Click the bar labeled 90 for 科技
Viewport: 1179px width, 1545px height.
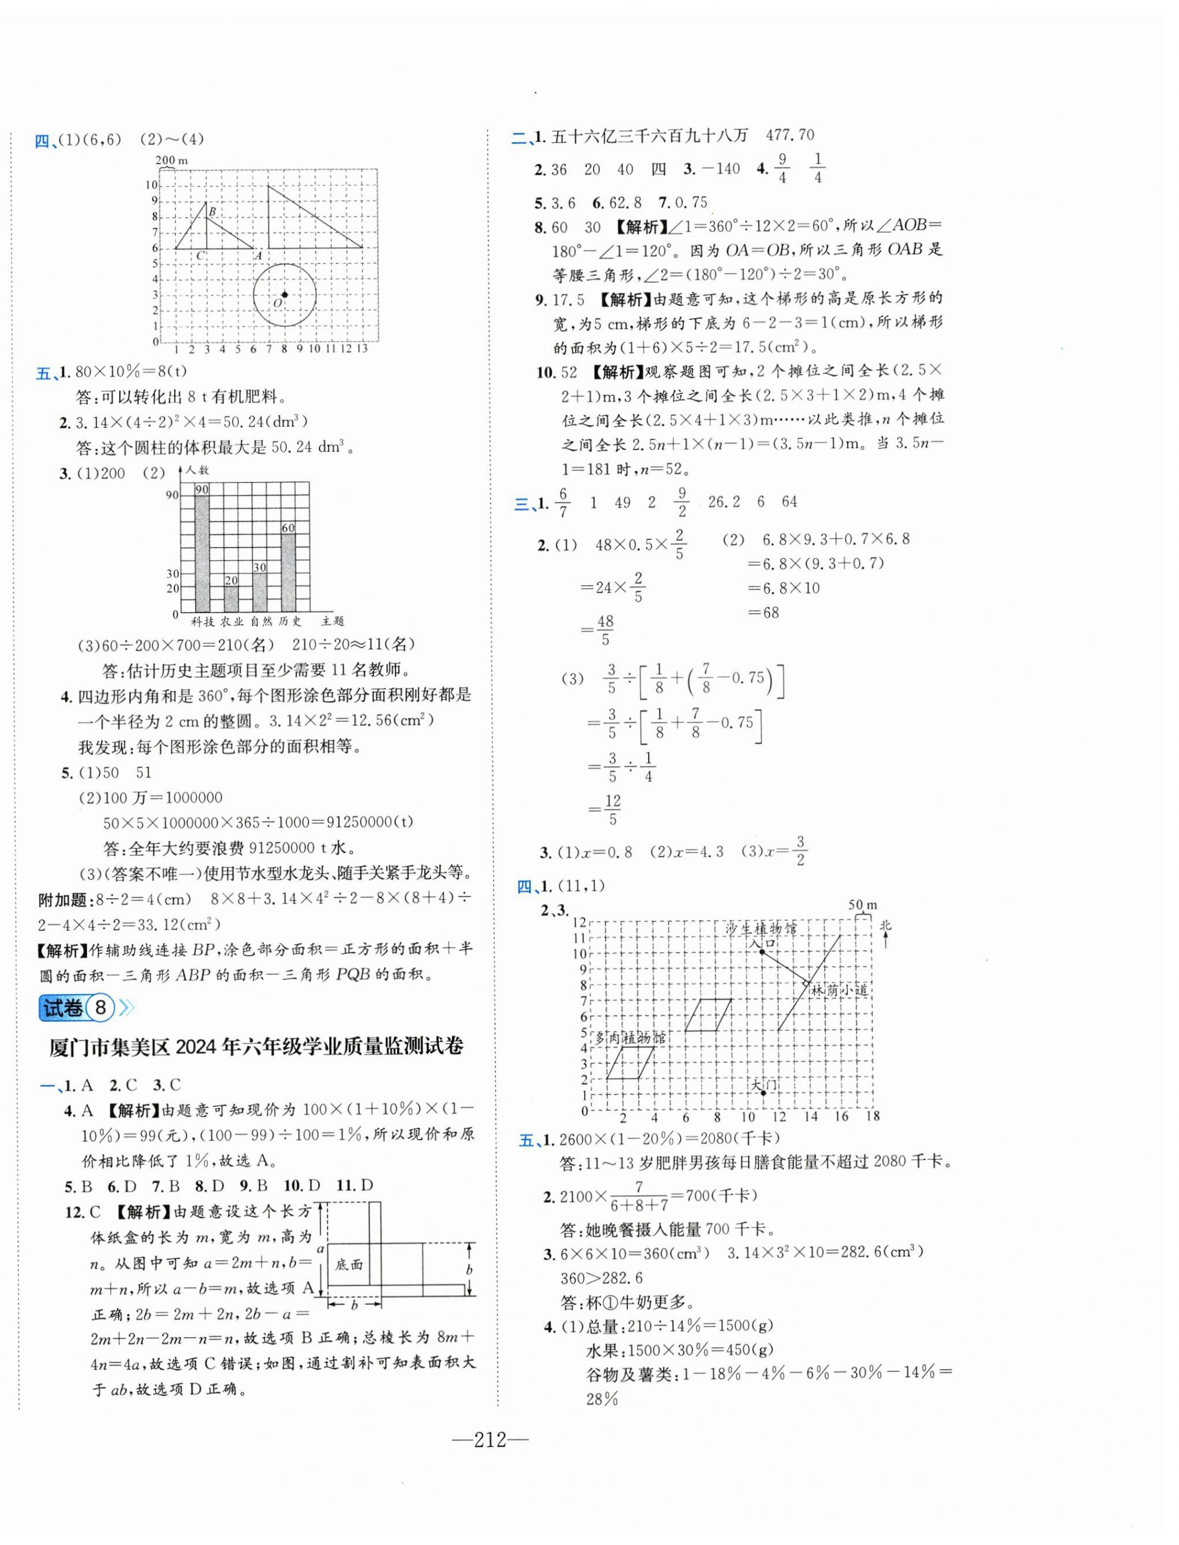[x=202, y=551]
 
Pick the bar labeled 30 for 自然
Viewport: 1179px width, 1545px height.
[x=260, y=589]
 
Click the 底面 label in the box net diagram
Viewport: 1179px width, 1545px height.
[x=349, y=1263]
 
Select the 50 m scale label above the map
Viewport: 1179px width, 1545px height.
[x=862, y=905]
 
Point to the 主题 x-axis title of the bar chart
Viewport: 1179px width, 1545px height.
[x=333, y=621]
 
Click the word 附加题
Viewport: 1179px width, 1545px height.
[x=62, y=899]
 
